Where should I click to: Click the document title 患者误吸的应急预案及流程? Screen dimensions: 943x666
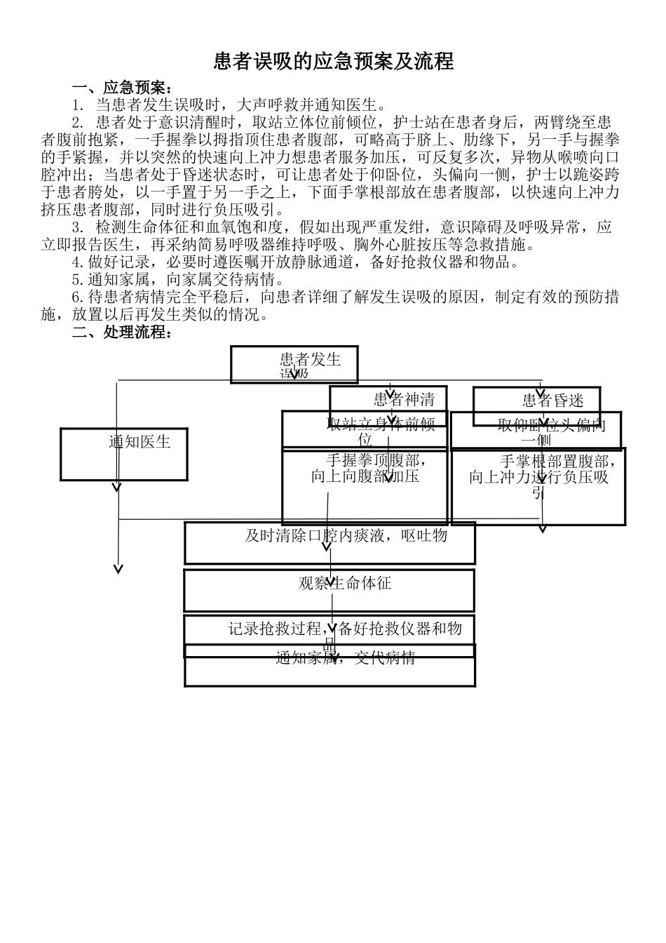pos(334,62)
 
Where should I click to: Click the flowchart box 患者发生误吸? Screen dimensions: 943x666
pos(294,363)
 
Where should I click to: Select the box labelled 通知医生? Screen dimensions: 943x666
pos(124,454)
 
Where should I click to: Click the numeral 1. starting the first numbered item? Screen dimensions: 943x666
pos(78,105)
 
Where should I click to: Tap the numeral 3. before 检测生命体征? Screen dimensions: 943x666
pos(78,227)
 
